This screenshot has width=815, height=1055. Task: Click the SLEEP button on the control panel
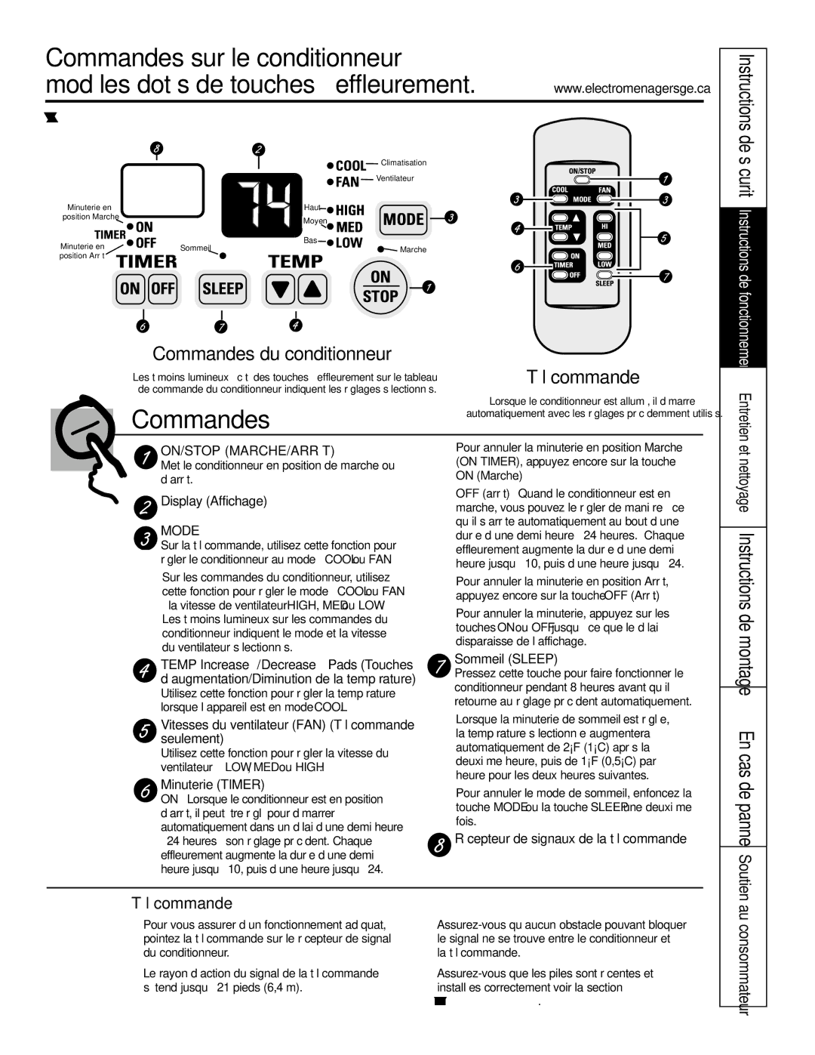(x=223, y=288)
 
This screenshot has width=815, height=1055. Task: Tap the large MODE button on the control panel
(x=404, y=219)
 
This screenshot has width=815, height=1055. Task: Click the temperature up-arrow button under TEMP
(x=313, y=288)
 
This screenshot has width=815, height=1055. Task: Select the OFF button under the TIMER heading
(x=162, y=288)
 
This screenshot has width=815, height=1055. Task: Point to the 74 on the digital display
(x=260, y=204)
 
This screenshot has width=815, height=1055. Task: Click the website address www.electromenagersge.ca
(x=632, y=88)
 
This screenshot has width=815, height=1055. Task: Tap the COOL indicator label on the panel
(x=350, y=165)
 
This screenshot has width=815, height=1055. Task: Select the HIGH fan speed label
(x=349, y=210)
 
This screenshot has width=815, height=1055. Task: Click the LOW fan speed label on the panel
(x=349, y=243)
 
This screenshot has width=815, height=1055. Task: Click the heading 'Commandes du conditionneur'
(x=272, y=353)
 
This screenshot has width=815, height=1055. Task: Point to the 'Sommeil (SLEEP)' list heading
(x=506, y=659)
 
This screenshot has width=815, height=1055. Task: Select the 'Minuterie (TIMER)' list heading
(x=212, y=785)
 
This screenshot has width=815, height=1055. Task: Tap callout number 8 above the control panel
(x=156, y=149)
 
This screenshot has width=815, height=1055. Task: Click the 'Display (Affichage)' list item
(x=214, y=501)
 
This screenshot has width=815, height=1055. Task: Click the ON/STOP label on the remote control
(x=582, y=171)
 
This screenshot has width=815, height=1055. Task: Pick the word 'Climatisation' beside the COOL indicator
(x=404, y=162)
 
